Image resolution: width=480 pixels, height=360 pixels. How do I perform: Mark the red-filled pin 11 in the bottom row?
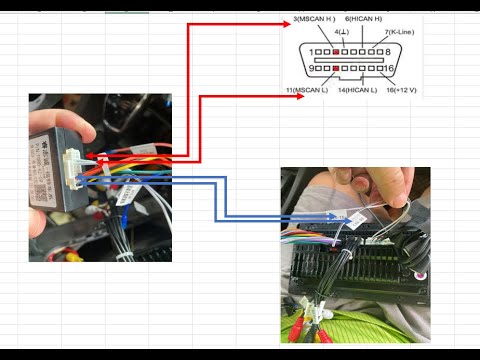337,68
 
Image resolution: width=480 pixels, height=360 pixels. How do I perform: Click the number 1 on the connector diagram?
312,51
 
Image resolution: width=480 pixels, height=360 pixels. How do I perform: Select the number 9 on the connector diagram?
312,68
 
